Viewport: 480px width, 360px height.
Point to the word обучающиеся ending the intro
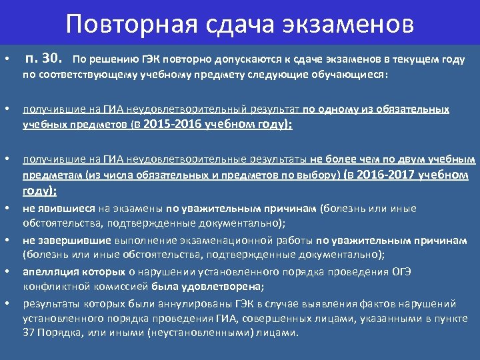point(353,75)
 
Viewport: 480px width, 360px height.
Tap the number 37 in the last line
point(29,333)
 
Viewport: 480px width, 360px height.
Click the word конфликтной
point(51,287)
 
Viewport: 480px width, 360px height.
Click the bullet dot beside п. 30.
point(6,61)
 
